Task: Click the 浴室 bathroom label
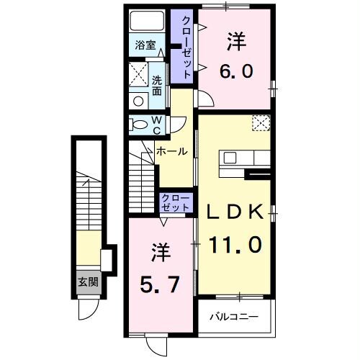[146, 45]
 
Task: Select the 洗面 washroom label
[157, 85]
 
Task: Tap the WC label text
[156, 125]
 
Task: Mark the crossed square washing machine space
[138, 73]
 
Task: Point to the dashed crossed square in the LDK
[261, 122]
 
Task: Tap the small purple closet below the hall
[175, 202]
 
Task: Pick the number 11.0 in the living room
[235, 245]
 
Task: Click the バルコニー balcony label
[234, 316]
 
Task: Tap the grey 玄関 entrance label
[88, 282]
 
